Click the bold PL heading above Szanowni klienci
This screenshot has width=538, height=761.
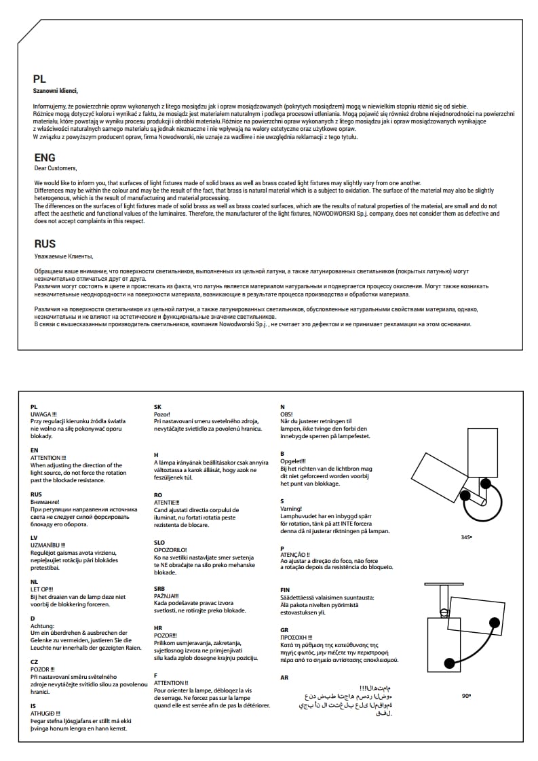(39, 79)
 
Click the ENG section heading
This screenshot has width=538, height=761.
(45, 158)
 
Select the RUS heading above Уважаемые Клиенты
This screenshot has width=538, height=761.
(45, 243)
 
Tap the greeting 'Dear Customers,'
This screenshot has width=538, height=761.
(56, 168)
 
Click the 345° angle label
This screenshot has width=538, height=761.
(466, 537)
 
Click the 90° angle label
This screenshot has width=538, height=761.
(466, 695)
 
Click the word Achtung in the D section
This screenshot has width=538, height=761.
(42, 626)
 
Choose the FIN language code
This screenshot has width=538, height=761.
(285, 590)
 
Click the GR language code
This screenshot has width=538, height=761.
(284, 629)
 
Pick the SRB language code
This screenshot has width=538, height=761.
(160, 588)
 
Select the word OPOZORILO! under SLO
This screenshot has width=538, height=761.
(170, 549)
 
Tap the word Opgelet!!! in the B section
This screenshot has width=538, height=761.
(293, 461)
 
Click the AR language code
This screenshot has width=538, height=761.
(284, 678)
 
